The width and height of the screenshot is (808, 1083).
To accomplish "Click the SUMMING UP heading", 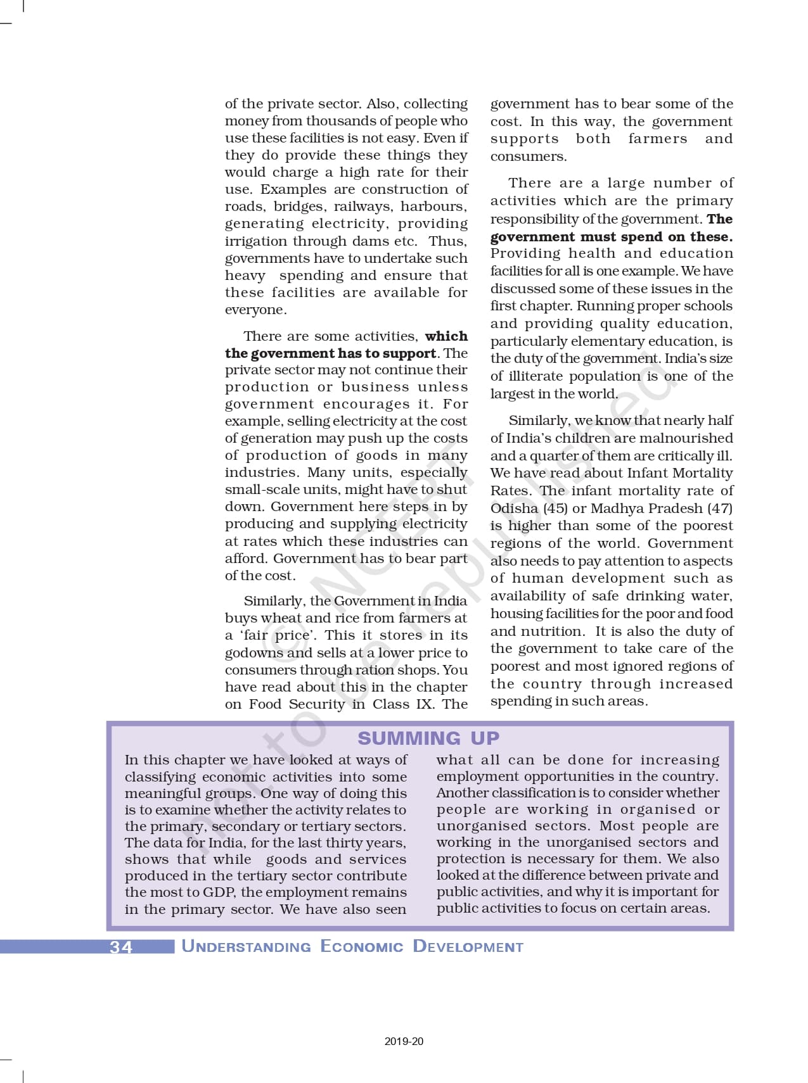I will pyautogui.click(x=428, y=738).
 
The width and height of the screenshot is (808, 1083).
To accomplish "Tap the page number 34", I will pyautogui.click(x=121, y=947).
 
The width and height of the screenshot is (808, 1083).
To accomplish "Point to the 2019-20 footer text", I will pyautogui.click(x=404, y=1041).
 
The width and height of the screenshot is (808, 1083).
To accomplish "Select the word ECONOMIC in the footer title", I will pyautogui.click(x=361, y=947).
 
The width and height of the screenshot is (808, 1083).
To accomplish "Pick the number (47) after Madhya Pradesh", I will pyautogui.click(x=718, y=508).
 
